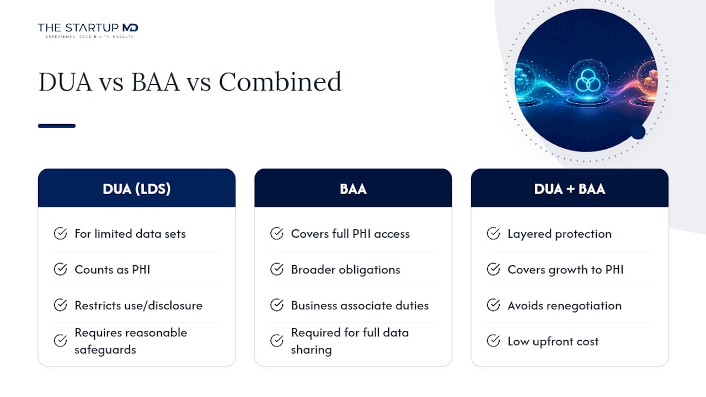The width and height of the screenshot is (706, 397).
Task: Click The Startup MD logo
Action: click(88, 30)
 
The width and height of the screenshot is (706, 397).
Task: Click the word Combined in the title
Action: click(280, 82)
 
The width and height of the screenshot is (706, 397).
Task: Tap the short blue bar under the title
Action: click(57, 126)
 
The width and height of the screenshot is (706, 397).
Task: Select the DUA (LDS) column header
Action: click(137, 188)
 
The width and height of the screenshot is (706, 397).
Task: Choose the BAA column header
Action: click(354, 188)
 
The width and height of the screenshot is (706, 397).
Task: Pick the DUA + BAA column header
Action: click(570, 188)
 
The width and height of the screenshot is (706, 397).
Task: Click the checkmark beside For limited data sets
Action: click(60, 233)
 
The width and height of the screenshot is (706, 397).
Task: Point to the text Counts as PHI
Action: click(113, 270)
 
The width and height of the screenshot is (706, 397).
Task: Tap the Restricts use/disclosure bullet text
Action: click(138, 305)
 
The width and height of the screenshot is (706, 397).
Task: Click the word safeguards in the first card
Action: click(105, 350)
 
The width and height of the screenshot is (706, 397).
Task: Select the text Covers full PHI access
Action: click(350, 234)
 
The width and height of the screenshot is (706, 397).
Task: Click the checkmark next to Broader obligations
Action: click(277, 270)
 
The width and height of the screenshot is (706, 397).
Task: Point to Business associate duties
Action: click(360, 305)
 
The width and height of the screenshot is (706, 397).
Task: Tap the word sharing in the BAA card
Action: click(312, 350)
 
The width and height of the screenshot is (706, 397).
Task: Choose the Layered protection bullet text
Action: click(560, 234)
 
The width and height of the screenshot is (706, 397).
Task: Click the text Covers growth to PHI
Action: click(566, 270)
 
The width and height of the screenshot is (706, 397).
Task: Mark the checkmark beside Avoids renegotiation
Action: click(493, 305)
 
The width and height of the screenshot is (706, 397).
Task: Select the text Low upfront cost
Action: click(553, 341)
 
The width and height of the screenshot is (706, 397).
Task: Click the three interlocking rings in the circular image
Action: click(589, 80)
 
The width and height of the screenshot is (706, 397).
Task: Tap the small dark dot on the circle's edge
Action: click(638, 132)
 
